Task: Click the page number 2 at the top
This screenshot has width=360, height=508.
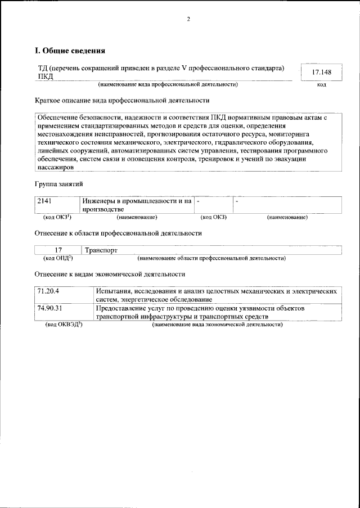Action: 188,19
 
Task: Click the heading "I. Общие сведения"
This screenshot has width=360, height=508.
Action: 70,51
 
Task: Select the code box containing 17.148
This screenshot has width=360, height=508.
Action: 321,73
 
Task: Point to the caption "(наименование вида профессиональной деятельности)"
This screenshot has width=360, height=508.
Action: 168,84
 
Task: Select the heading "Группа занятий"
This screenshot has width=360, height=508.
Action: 60,184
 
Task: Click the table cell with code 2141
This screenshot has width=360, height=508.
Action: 57,205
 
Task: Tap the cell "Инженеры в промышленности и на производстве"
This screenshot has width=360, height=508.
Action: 137,205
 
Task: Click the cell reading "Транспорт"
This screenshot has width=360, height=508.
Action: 100,250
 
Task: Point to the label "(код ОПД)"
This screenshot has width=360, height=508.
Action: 57,258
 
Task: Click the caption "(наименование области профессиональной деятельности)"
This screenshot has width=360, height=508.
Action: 211,258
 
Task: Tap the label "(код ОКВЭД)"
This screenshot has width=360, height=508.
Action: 64,325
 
